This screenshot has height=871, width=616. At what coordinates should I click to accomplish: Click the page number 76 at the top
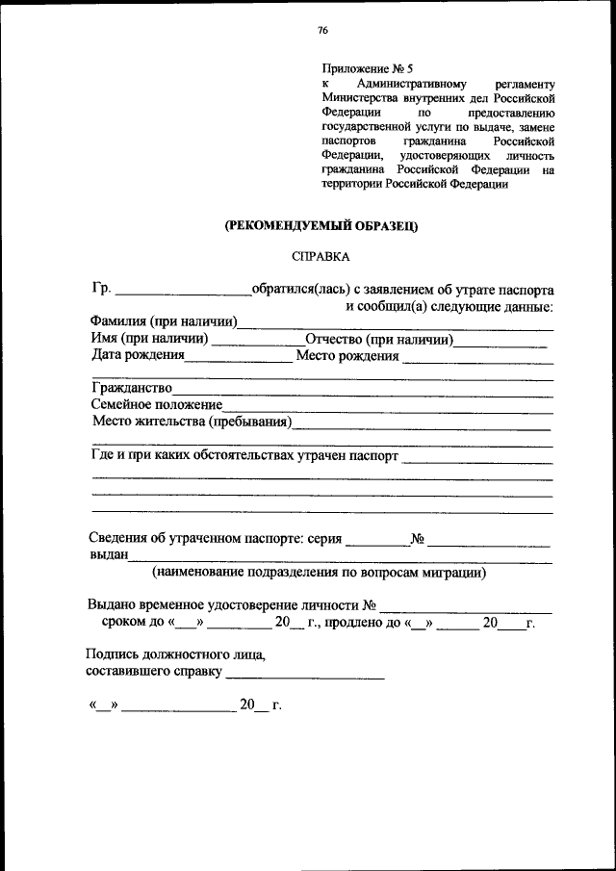coord(322,31)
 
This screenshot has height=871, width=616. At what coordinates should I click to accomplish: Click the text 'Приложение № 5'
coord(367,69)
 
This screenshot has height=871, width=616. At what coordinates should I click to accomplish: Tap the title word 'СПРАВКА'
coord(321,257)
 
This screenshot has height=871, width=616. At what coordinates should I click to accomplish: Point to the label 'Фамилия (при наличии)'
coord(165,322)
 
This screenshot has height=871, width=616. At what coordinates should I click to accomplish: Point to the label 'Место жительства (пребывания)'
coord(192,423)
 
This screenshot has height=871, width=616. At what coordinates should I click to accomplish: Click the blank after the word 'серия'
coord(376,541)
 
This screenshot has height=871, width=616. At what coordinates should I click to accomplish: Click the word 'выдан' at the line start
coord(109,557)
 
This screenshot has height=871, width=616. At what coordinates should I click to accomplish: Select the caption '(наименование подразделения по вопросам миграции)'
coord(319,573)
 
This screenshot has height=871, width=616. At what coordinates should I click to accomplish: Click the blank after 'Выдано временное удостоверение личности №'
coord(466,608)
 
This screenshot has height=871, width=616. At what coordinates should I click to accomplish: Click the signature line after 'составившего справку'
coord(304,673)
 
